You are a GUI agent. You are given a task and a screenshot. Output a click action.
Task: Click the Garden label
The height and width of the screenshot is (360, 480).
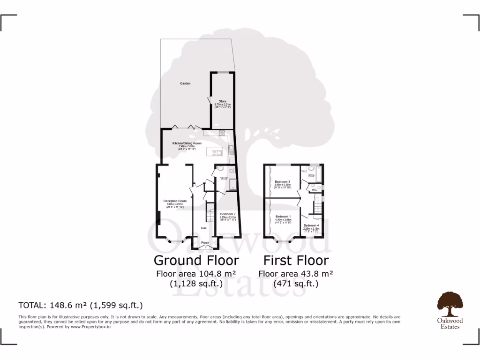click(x=185, y=83)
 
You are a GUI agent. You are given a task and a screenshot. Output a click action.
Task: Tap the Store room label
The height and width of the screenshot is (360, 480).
click(x=223, y=101)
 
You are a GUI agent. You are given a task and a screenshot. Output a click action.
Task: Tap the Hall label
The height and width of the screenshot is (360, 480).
click(x=204, y=228)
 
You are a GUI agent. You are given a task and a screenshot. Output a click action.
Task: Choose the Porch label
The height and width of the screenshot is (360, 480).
click(x=205, y=243)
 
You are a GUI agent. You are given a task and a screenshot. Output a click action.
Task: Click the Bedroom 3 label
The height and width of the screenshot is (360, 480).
click(x=283, y=181)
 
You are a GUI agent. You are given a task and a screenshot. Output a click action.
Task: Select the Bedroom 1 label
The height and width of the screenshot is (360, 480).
click(x=283, y=217)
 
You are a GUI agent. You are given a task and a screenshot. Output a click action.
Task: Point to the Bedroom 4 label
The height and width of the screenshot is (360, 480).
click(x=311, y=225)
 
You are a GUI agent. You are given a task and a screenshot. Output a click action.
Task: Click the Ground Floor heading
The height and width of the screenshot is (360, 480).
click(x=196, y=260)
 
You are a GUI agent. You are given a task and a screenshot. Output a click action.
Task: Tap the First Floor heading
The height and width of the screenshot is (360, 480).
click(x=296, y=260)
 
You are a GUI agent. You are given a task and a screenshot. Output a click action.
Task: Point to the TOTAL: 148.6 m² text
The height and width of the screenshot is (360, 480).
click(x=80, y=305)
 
